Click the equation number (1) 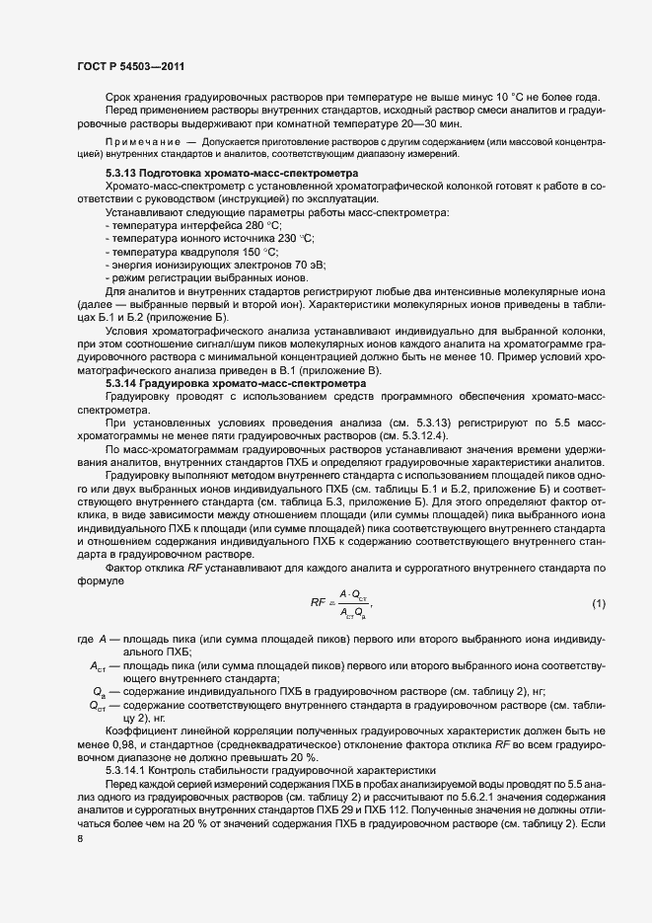point(598,603)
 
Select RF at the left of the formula point(318,603)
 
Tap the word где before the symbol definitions point(84,641)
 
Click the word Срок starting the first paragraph point(119,99)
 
